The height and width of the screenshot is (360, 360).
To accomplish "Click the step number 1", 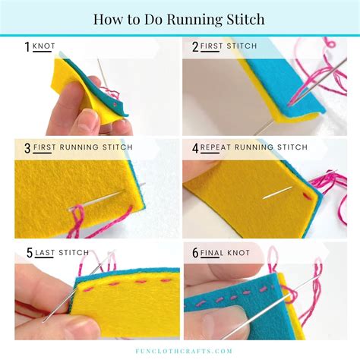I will click(x=27, y=47).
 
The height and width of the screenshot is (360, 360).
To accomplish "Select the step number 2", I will click(x=195, y=47).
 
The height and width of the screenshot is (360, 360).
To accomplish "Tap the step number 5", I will click(x=27, y=253).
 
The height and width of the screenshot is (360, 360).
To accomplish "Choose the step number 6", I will click(x=195, y=253).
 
